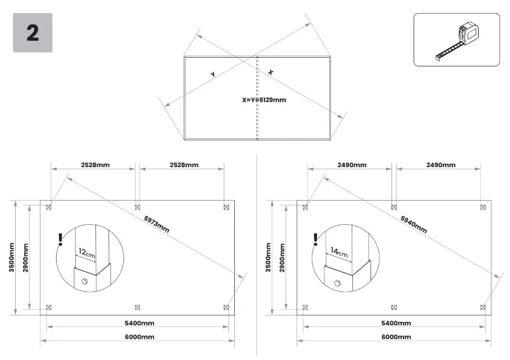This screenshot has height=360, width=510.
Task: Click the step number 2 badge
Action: (x=32, y=32)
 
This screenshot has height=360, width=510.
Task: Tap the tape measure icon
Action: (x=457, y=41)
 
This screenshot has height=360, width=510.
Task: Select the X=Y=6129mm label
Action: (x=264, y=100)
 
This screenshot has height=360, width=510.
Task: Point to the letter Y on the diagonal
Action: (x=213, y=74)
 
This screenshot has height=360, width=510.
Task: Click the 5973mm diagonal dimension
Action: (x=156, y=224)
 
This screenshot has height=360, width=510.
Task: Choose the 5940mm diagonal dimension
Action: (x=414, y=224)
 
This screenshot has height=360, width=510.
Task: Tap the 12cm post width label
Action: (x=87, y=253)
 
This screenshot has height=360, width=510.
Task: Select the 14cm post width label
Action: (x=339, y=252)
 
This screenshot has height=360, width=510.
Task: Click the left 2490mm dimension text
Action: (x=352, y=165)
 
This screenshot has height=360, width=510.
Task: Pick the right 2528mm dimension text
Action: (x=184, y=165)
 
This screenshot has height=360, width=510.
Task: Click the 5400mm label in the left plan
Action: (x=139, y=323)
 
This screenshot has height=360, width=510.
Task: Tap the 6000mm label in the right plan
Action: (x=396, y=337)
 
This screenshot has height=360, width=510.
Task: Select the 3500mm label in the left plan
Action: (x=12, y=257)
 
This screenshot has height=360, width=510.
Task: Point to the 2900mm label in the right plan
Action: (x=282, y=258)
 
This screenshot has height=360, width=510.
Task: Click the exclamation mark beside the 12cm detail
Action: (x=60, y=239)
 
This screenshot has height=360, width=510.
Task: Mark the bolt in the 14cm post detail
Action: (x=338, y=283)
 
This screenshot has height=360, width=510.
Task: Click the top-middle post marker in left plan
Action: (x=137, y=207)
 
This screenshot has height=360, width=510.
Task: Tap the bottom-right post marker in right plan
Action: (x=483, y=307)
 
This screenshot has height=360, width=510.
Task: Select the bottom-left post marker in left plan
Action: (x=49, y=307)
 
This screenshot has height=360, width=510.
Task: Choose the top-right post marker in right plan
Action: (x=483, y=207)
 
